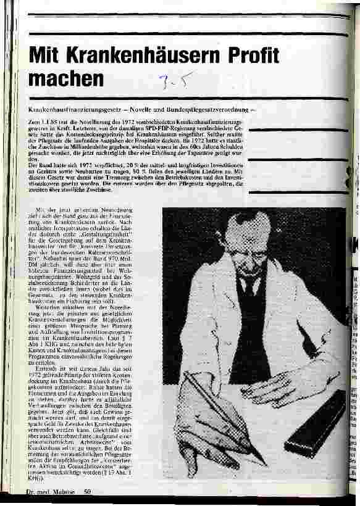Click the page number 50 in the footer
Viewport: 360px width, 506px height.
tap(88, 492)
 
